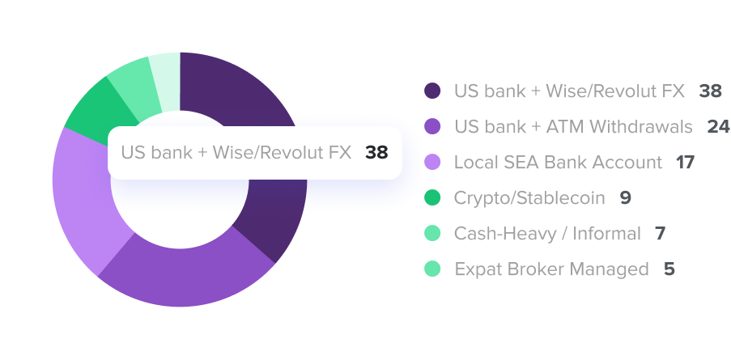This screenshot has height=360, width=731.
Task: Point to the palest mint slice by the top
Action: click(x=166, y=82)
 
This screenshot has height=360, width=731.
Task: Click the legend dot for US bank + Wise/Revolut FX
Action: click(x=432, y=91)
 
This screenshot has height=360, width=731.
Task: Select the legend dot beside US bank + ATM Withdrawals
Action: click(x=432, y=127)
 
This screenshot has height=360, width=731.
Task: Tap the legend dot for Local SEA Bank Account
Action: click(x=432, y=162)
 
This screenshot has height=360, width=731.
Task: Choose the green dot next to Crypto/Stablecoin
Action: click(x=432, y=198)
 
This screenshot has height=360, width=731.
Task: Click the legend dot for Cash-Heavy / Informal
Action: click(x=432, y=233)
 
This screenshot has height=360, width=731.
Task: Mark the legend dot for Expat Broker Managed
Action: click(x=432, y=269)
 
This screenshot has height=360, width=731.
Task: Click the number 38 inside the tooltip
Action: click(x=376, y=152)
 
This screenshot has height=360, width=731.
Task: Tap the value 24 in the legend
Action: click(x=718, y=127)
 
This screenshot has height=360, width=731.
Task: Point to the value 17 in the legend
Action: click(x=686, y=162)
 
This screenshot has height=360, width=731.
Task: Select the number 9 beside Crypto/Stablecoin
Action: click(x=626, y=198)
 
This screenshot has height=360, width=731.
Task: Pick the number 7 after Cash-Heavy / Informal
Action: click(x=660, y=233)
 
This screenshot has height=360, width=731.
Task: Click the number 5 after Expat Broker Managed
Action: click(x=669, y=269)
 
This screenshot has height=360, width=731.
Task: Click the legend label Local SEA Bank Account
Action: click(x=558, y=162)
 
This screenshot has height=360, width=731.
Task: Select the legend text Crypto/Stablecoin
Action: click(x=529, y=198)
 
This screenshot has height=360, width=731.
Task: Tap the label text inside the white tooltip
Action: click(x=236, y=152)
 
